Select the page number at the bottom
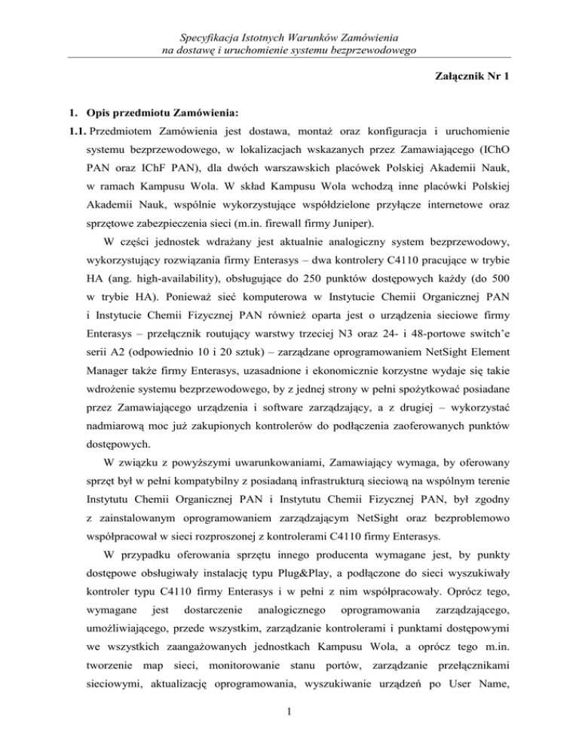(x=289, y=720)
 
